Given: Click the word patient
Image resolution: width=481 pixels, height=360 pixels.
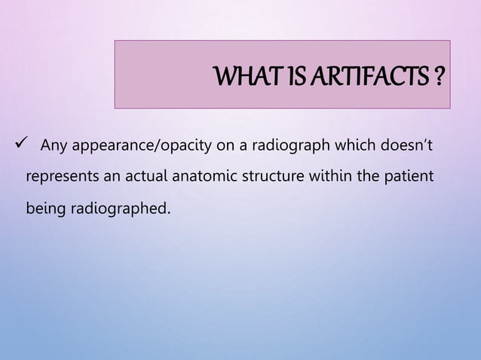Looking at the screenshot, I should tap(408, 177).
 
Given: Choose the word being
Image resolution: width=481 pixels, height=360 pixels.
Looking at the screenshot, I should tap(46, 208).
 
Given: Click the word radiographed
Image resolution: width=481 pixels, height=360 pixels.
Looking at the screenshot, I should tap(120, 208).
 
